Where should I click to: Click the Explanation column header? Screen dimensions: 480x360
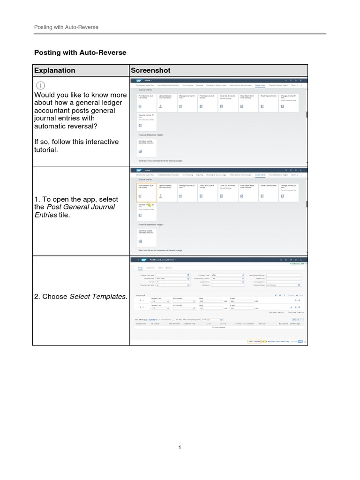(x=54, y=70)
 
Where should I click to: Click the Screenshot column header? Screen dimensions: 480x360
(x=150, y=70)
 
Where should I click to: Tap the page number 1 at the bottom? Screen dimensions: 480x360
(x=180, y=448)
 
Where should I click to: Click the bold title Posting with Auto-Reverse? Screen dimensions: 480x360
(x=81, y=52)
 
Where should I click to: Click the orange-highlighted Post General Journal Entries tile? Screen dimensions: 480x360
(x=146, y=192)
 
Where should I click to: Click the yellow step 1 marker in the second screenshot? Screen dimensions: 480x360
(x=150, y=205)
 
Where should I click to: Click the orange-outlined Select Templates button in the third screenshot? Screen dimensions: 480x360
(x=255, y=341)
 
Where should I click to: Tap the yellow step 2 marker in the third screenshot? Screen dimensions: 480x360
(x=264, y=341)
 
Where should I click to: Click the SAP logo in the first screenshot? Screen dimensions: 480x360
(x=139, y=81)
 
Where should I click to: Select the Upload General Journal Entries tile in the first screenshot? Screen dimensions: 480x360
(x=166, y=101)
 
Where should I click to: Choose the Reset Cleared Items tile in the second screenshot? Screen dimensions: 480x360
(x=268, y=192)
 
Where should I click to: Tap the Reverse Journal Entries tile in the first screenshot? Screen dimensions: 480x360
(x=146, y=120)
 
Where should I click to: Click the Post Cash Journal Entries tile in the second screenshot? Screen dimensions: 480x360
(x=207, y=192)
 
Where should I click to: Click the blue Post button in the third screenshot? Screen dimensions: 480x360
(x=300, y=341)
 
